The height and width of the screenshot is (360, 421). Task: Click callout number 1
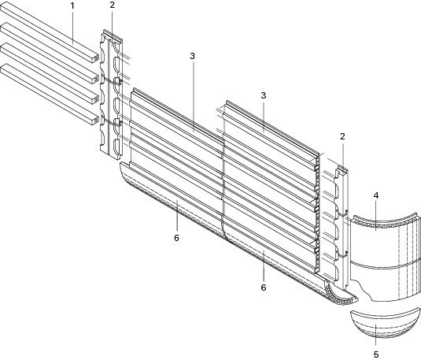coord(72,6)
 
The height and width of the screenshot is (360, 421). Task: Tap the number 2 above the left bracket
coord(113,5)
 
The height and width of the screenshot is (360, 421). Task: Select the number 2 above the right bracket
coord(342,136)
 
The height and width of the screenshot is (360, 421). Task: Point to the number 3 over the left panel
coord(192,56)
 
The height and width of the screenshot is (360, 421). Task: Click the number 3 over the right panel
coord(264,95)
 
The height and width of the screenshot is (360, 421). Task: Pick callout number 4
coord(376,195)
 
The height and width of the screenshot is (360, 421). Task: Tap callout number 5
coord(376,354)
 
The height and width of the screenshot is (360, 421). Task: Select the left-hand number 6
coord(176,238)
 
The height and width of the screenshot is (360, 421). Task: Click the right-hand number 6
coord(264,288)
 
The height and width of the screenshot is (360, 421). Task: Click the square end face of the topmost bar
coord(94,58)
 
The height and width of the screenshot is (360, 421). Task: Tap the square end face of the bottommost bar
coord(94,121)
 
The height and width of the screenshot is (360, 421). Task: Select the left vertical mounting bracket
coord(111,93)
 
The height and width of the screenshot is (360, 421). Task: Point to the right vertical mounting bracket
coord(341,227)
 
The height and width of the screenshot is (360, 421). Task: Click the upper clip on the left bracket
coord(117,80)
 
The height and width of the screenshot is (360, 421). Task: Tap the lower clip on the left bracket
coord(117,122)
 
